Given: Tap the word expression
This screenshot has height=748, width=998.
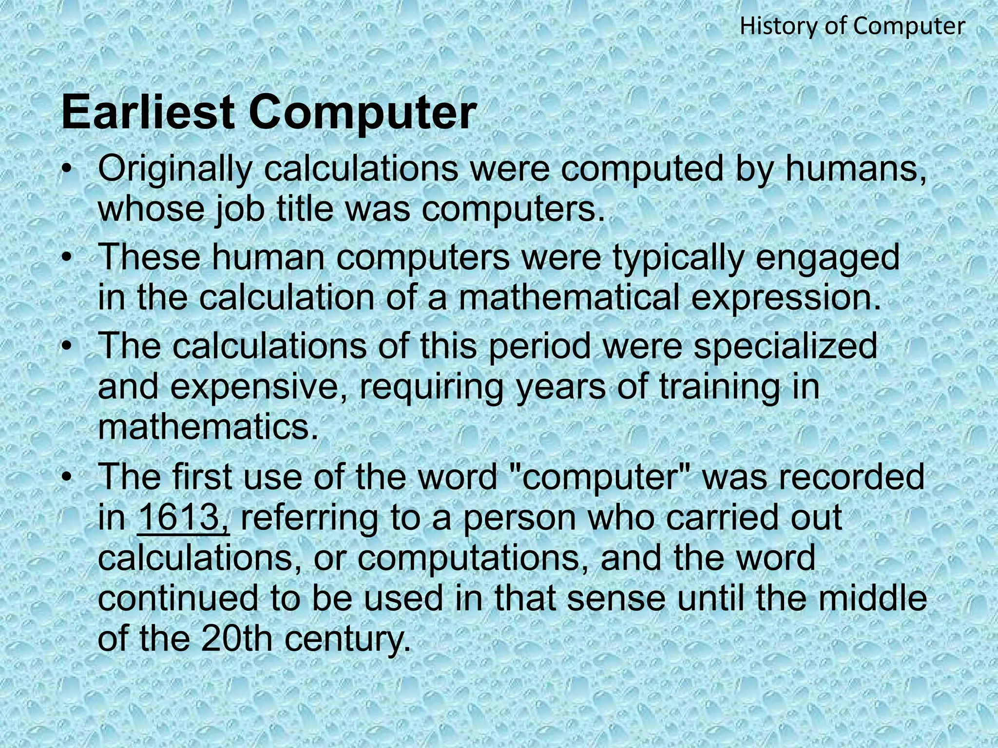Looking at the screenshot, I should coord(786,298).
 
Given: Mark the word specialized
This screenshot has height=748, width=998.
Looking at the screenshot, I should coord(785,347).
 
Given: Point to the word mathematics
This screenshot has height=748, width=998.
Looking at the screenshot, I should coord(208,427).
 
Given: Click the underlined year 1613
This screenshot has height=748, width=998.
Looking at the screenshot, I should coord(183,517).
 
